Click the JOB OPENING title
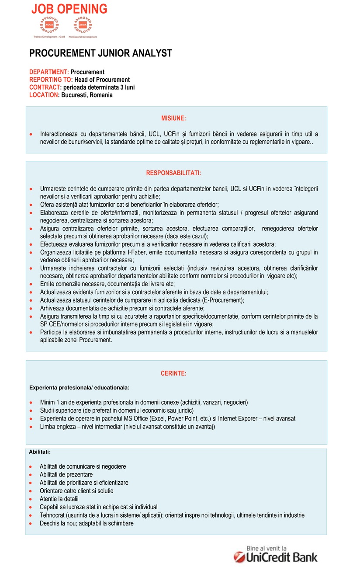69,9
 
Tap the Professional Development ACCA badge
83,27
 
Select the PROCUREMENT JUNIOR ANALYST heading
100,53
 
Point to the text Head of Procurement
102,80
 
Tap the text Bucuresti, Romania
87,95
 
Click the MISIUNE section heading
173,118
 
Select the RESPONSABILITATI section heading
173,173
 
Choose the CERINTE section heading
173,373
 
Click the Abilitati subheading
40,452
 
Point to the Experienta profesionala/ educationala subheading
79,387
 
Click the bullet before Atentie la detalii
30,499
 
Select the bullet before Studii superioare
31,410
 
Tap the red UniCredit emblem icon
239,557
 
